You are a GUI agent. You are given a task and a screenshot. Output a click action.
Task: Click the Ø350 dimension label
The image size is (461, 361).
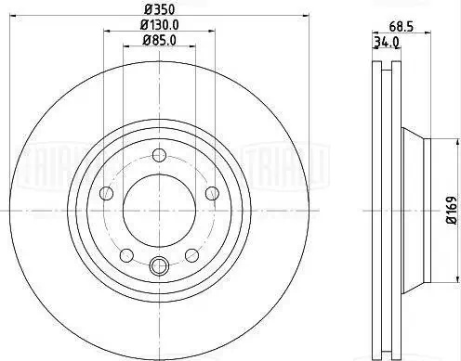pyautogui.click(x=160, y=10)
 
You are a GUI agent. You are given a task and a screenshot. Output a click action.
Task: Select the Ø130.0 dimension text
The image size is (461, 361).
pyautogui.click(x=160, y=25)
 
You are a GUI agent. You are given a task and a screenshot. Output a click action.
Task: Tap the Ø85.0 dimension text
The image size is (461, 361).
pyautogui.click(x=160, y=41)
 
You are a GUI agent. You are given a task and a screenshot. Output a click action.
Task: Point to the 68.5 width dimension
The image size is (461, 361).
pyautogui.click(x=402, y=27)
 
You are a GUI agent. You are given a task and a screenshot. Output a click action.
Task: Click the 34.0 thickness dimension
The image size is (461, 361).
pyautogui.click(x=386, y=42)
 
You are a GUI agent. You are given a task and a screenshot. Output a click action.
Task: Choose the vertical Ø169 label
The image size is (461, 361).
pyautogui.click(x=452, y=210)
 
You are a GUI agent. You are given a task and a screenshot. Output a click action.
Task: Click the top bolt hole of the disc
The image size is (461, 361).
pyautogui.click(x=160, y=155)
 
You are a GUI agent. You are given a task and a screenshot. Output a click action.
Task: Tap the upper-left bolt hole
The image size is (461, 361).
pyautogui.click(x=106, y=193)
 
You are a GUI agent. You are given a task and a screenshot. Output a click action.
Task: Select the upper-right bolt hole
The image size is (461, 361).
pyautogui.click(x=213, y=193)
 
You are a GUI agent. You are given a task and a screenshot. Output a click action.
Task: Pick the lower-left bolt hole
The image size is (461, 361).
pyautogui.click(x=126, y=255)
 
